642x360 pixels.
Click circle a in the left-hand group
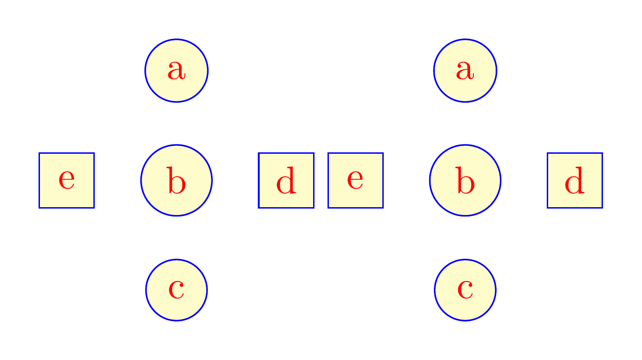coord(177,71)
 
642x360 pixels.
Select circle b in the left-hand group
coord(177,180)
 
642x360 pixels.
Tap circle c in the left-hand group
coord(177,290)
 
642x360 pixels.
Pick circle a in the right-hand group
coord(465,71)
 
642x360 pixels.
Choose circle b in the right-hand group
coord(465,180)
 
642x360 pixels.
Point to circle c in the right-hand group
coord(465,290)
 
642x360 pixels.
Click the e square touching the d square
coord(355,180)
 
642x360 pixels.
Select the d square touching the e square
coord(286,180)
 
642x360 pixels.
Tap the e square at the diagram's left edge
coord(66,180)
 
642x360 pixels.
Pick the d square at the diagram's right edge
coord(575,180)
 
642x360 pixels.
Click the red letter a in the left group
coord(177,71)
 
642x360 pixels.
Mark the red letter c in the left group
coord(177,290)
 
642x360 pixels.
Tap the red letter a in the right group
coord(465,71)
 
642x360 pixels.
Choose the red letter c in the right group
coord(465,290)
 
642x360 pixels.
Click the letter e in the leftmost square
coord(66,180)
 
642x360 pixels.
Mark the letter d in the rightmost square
coord(575,182)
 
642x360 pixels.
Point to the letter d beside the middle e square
coord(286,182)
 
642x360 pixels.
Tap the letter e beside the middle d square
coord(355,180)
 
